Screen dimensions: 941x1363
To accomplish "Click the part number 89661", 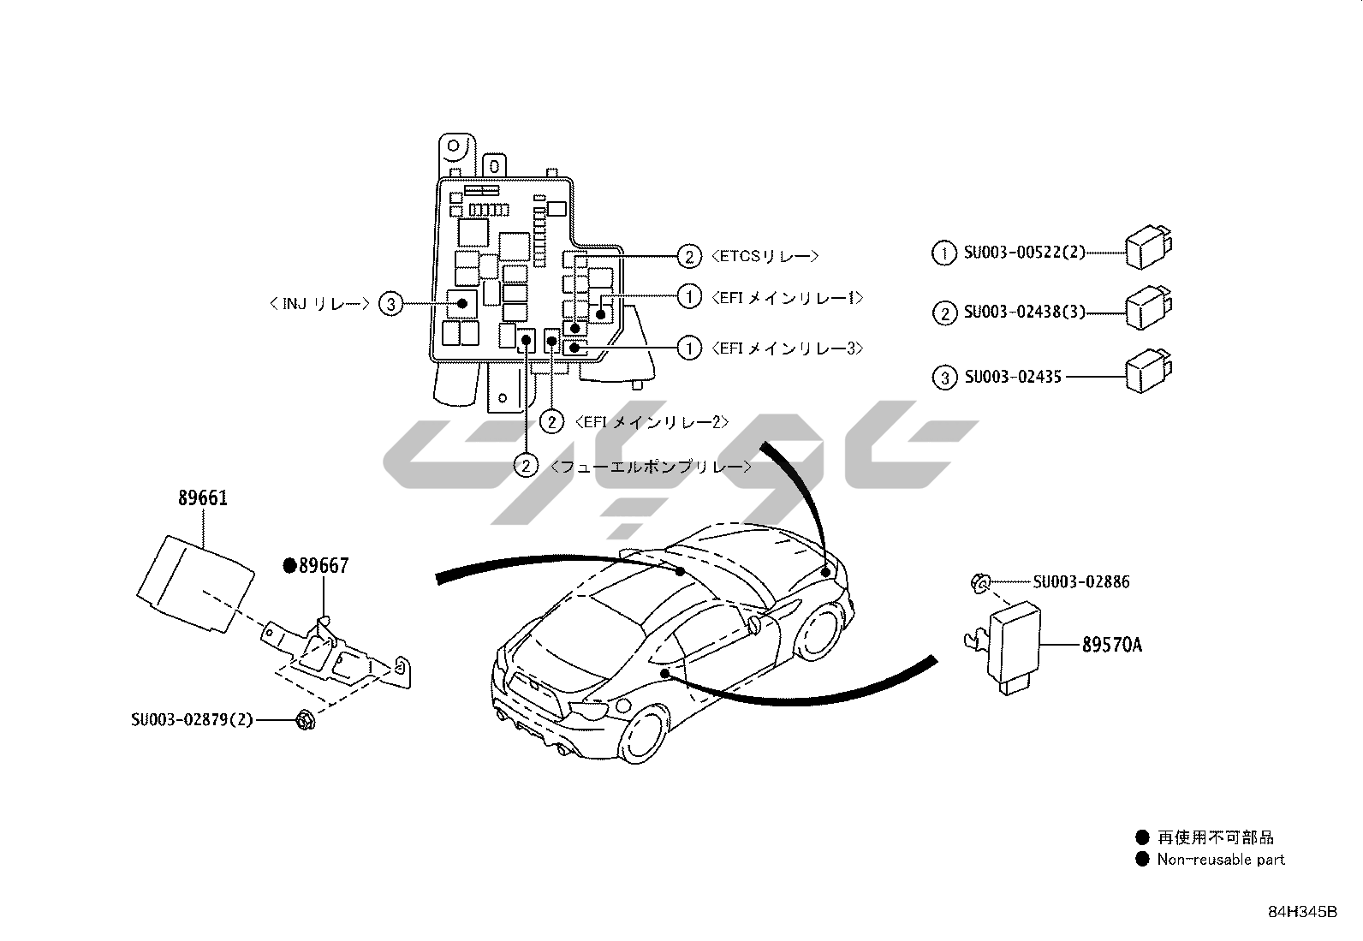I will tap(203, 498).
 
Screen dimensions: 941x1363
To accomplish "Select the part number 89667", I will tap(324, 566).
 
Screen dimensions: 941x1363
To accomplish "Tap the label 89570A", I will tap(1111, 645).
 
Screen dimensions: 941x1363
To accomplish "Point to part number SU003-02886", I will tap(1081, 583).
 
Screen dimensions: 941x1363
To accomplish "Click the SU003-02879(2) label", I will tap(193, 720).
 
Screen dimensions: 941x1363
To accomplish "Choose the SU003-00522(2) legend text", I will tap(1025, 253).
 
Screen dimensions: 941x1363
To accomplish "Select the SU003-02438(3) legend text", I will tap(1025, 313).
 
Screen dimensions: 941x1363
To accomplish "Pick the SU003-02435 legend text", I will tap(1013, 377).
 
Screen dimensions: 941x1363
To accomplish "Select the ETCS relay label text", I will tap(765, 256).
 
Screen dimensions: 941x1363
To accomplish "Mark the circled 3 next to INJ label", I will tap(390, 303).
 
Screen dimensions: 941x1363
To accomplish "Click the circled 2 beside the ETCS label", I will tap(689, 256).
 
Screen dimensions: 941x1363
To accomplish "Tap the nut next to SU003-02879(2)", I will tap(302, 720).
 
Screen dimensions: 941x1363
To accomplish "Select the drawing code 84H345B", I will tap(1301, 912).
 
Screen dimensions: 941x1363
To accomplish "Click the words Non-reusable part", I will tap(1221, 860).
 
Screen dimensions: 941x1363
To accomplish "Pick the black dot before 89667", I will tap(289, 565).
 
